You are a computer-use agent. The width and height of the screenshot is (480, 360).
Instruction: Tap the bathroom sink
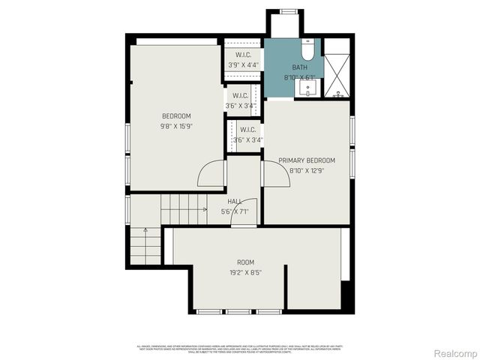click(307, 89)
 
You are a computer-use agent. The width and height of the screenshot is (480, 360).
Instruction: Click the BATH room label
click(299, 67)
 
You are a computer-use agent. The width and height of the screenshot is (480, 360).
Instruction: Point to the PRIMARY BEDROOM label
click(307, 160)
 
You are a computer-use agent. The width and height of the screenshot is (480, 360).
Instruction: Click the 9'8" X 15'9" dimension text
click(177, 126)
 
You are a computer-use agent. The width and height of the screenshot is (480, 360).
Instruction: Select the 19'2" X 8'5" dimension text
click(245, 273)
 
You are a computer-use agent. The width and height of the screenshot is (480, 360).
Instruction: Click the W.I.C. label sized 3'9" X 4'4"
click(243, 55)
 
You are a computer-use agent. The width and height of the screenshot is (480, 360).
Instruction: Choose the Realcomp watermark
click(454, 352)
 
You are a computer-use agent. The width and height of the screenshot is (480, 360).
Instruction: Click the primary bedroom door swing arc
click(270, 174)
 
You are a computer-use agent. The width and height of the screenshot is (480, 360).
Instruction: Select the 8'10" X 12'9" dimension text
click(307, 170)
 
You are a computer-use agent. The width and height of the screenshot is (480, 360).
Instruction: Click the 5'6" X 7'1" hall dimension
click(235, 211)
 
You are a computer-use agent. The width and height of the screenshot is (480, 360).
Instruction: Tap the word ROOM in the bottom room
click(245, 262)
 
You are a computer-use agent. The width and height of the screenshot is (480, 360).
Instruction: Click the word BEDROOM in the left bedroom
click(177, 115)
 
